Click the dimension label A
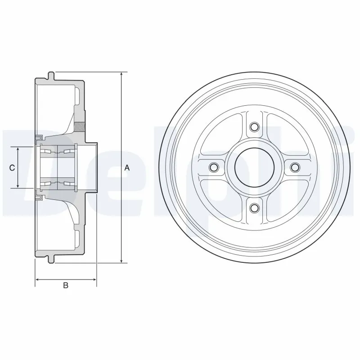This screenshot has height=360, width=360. click(127, 168)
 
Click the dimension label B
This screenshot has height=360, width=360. click(66, 285)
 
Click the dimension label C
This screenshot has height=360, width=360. click(13, 168)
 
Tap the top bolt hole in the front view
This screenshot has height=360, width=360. click(254, 127)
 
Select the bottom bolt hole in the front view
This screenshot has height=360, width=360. click(254, 207)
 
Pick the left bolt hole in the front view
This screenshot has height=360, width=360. click(214, 167)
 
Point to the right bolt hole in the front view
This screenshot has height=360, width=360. click(294, 167)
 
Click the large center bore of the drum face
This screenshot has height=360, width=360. click(254, 167)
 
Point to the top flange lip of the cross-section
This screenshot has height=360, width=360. click(51, 75)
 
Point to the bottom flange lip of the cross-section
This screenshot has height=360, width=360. click(51, 260)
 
